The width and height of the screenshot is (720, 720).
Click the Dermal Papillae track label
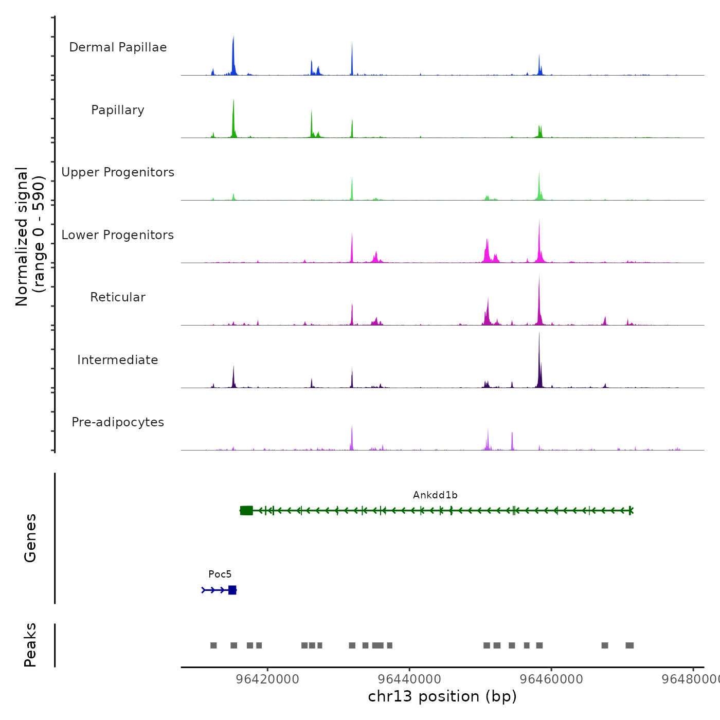118,47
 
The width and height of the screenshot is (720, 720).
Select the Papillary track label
118,110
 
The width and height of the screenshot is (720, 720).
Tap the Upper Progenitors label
118,172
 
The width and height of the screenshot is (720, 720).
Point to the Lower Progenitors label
118,235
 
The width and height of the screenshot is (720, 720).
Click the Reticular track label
118,297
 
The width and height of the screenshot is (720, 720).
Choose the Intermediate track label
118,360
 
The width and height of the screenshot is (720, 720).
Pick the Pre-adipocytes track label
118,422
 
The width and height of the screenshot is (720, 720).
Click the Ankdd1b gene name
435,495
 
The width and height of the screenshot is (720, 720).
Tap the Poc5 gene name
220,574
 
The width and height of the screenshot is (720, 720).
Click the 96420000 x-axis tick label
267,679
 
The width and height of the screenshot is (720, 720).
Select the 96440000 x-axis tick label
409,679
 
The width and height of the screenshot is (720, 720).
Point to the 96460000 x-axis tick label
551,679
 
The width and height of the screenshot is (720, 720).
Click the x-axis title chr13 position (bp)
442,696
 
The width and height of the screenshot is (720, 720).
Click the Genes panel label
30,538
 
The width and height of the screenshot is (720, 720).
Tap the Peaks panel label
30,645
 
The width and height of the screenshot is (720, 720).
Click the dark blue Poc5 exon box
232,590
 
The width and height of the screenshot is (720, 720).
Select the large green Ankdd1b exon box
247,510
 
